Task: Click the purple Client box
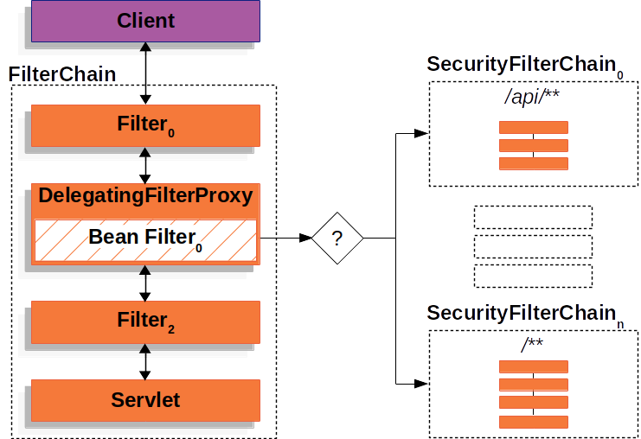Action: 144,22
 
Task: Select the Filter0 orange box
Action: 145,125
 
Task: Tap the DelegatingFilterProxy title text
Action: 145,195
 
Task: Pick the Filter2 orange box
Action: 145,321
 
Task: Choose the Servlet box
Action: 145,400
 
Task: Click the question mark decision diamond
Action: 337,237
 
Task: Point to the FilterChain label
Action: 62,74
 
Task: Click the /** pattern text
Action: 533,345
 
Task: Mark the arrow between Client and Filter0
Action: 145,74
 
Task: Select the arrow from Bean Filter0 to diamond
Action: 285,237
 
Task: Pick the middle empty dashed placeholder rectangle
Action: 533,246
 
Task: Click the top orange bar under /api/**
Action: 533,128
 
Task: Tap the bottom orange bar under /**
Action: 533,422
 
